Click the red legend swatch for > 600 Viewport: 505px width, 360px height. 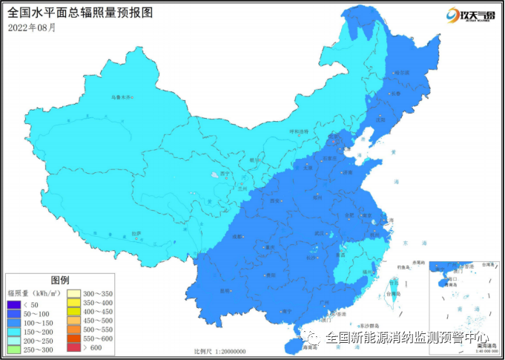tap(75, 347)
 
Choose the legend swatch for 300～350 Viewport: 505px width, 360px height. tap(75, 295)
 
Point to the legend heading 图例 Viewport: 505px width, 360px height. tap(60, 280)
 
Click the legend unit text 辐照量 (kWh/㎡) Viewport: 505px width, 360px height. tap(33, 293)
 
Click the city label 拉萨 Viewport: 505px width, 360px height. tap(136, 234)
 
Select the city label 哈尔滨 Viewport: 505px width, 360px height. tap(402, 73)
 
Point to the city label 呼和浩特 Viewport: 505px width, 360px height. tap(298, 131)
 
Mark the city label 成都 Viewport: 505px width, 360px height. tap(237, 236)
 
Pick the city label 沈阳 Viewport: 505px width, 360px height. tap(380, 119)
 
